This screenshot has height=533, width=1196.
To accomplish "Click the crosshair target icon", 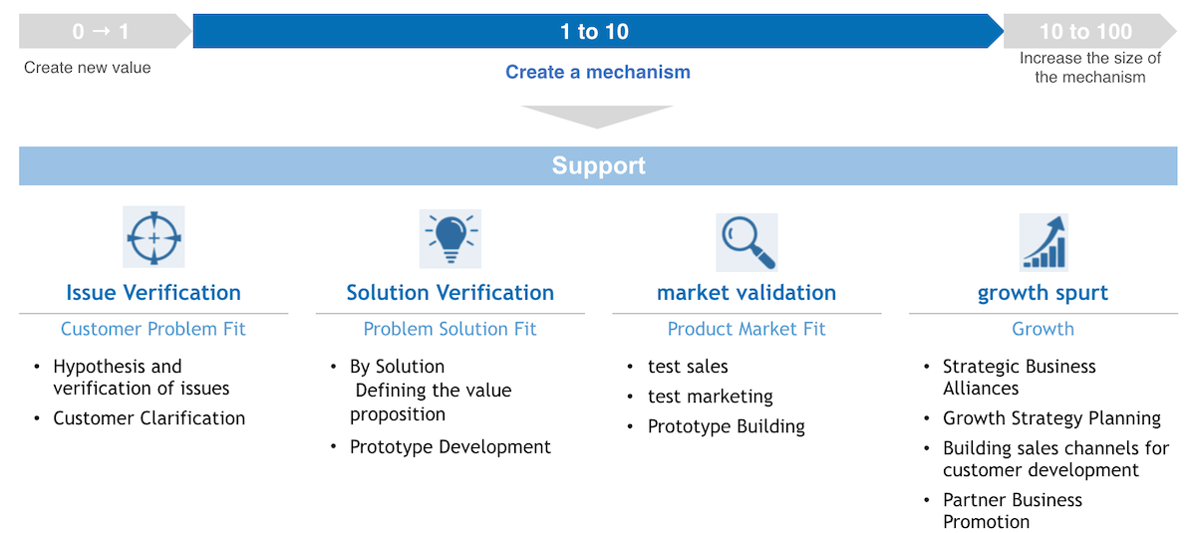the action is click(153, 237).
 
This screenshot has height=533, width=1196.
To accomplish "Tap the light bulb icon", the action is click(450, 238).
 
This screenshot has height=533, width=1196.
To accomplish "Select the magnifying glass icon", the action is click(747, 242).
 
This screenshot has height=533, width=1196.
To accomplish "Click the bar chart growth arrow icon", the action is click(1044, 242).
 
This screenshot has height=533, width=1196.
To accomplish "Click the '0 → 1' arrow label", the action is click(101, 32).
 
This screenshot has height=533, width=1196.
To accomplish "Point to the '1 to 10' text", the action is click(594, 32).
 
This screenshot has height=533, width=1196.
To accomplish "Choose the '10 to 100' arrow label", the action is click(1086, 32).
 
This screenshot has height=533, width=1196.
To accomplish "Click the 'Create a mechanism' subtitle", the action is click(598, 72).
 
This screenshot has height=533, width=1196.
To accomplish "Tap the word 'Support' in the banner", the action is click(599, 166).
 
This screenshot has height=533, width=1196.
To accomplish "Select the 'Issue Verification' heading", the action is click(153, 293).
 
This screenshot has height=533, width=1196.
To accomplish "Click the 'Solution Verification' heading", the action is click(450, 293).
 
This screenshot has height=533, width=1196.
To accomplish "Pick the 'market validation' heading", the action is click(747, 293).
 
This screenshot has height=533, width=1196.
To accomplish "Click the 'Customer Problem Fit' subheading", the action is click(153, 329).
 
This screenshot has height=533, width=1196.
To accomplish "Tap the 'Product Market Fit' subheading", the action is click(747, 329).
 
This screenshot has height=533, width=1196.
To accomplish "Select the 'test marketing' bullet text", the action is click(711, 397).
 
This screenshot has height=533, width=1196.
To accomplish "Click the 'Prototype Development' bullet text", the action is click(450, 447).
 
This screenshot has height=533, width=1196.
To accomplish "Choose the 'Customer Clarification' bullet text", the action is click(149, 418).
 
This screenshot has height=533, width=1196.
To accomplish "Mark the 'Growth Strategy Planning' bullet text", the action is click(1051, 418).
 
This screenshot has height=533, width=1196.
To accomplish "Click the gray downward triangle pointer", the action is click(597, 115).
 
